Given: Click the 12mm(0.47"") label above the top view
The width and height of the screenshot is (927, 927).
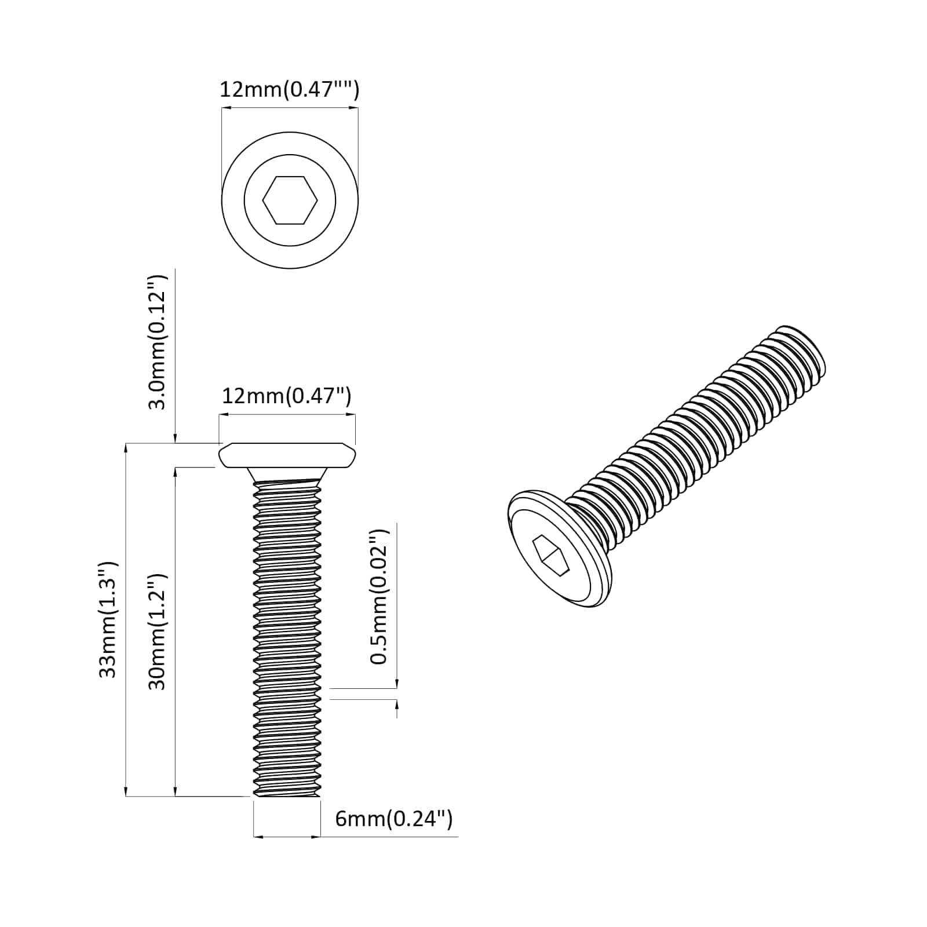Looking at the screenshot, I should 289,90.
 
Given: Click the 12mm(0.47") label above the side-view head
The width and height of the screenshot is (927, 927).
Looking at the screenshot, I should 286,396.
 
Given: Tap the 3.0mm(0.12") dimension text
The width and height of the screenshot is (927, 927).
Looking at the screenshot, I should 157,342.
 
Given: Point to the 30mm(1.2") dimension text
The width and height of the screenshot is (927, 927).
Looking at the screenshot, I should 157,632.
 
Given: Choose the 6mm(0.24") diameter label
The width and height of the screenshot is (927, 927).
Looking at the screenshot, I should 394,819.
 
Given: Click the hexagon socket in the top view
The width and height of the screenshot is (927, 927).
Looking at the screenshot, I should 290,200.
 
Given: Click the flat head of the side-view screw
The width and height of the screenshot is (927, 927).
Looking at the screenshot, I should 287,455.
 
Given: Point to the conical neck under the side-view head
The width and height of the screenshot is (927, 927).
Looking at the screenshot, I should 287,474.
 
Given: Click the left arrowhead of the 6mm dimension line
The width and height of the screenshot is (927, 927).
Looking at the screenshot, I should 257,837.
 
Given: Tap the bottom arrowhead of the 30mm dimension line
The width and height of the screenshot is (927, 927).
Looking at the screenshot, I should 175,793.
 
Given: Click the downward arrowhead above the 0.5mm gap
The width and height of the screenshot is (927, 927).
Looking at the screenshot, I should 397,685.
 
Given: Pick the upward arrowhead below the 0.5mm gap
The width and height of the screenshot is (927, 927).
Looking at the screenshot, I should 397,703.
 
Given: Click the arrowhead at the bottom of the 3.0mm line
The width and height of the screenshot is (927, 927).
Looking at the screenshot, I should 175,440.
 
